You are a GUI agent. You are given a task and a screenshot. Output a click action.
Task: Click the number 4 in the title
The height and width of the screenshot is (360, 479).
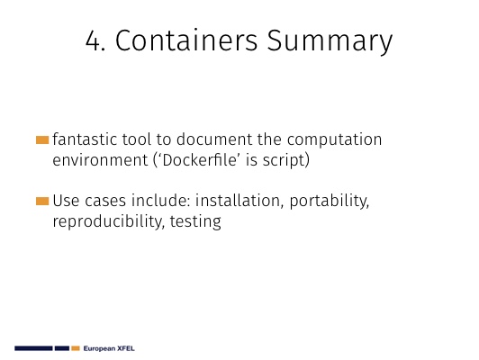(94, 40)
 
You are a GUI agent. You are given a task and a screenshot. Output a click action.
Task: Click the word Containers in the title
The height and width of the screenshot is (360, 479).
(186, 40)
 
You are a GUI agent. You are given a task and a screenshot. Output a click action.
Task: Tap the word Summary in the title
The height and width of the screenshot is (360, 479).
(330, 42)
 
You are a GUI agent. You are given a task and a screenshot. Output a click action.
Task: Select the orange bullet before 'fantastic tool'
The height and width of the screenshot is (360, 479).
(42, 139)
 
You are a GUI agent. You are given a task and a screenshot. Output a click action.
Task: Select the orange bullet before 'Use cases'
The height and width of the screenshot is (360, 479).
(42, 202)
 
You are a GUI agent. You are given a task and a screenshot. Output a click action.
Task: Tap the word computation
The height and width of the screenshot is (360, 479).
(335, 140)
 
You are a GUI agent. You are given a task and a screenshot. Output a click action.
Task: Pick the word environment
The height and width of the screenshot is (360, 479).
(100, 160)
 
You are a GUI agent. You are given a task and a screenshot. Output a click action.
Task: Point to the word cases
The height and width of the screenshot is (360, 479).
(105, 202)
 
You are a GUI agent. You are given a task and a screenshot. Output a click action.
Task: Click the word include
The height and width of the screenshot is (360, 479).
(161, 201)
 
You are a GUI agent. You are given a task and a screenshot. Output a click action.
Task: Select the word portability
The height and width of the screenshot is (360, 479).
(330, 202)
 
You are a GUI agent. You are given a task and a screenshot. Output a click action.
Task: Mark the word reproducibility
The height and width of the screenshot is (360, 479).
(106, 221)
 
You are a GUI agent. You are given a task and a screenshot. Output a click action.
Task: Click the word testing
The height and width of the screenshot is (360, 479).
(195, 222)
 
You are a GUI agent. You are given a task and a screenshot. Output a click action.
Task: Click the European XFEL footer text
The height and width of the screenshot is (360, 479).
(109, 348)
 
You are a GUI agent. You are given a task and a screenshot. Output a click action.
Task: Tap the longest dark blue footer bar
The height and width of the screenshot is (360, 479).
(33, 348)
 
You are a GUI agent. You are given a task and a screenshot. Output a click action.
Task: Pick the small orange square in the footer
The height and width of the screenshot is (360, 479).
(76, 348)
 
